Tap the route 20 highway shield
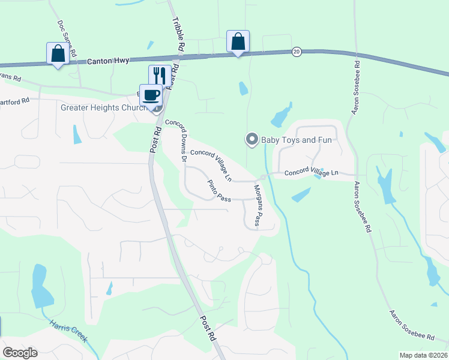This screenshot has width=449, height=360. click(297, 52)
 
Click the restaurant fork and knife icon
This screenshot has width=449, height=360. click(160, 75)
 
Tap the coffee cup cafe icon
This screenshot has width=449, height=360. click(151, 94)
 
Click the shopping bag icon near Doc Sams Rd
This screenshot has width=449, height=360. click(58, 53)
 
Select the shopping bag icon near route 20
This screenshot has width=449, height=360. click(238, 41)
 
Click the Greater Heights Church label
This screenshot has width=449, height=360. click(104, 108)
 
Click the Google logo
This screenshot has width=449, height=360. click(20, 353)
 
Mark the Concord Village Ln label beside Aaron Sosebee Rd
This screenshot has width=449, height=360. click(311, 173)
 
